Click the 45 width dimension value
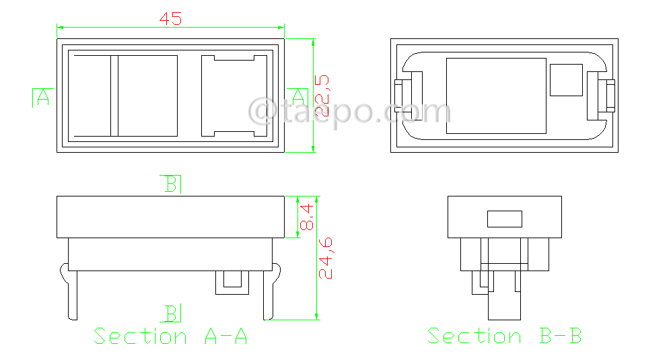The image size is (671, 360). click(170, 19)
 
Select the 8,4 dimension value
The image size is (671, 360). click(307, 217)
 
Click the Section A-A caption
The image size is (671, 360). click(170, 336)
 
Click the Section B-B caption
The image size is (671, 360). click(504, 336)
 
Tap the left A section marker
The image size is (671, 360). click(42, 97)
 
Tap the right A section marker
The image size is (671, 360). click(297, 97)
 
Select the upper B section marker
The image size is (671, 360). click(173, 184)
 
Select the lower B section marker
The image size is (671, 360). click(173, 314)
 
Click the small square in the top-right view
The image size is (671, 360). click(565, 80)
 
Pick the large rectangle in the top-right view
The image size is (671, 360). click(496, 96)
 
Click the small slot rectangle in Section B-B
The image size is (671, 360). click(505, 219)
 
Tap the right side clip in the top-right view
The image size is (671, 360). click(602, 96)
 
